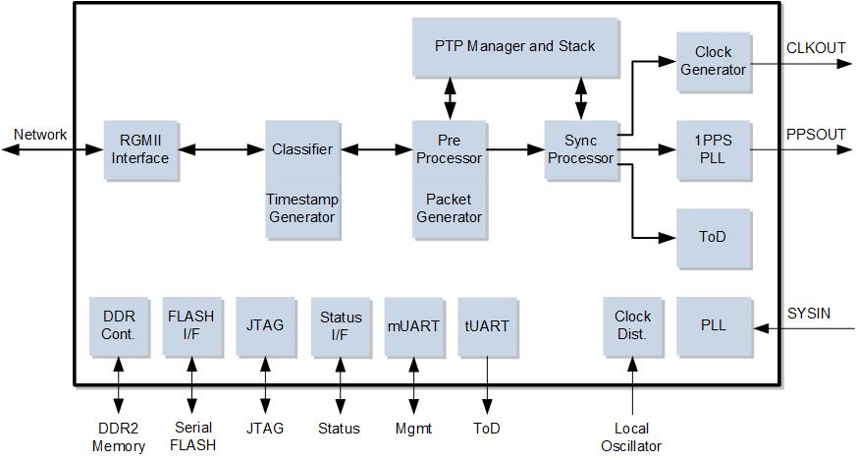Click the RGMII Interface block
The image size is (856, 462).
tap(141, 149)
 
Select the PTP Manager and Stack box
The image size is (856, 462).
tap(515, 47)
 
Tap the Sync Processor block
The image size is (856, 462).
tap(581, 149)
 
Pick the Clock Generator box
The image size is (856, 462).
tap(714, 61)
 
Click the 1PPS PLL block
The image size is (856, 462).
tap(714, 149)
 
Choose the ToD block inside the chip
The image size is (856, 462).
tap(714, 238)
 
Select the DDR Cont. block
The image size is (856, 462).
tap(119, 326)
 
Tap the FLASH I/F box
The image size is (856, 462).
tap(192, 326)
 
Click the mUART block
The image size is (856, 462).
tap(414, 326)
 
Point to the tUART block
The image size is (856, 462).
tap(487, 326)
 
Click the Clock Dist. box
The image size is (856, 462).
tap(633, 326)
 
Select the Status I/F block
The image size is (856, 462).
tap(341, 326)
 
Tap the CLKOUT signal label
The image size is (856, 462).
tap(816, 49)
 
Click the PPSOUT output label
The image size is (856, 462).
tap(816, 135)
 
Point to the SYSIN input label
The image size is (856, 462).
tap(809, 314)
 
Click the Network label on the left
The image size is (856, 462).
tap(40, 135)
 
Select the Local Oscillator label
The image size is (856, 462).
tap(631, 437)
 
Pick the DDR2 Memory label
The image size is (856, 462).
tap(119, 437)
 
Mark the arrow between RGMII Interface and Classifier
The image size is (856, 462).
tap(222, 149)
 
